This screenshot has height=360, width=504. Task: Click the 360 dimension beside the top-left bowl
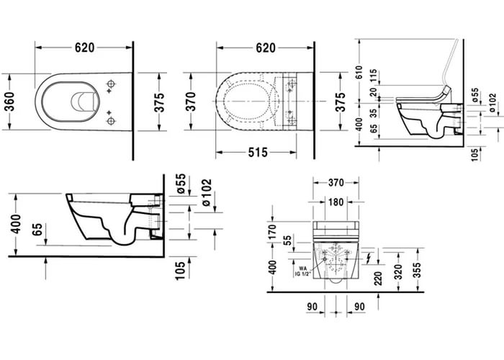(11, 101)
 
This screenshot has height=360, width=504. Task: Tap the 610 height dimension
(360, 71)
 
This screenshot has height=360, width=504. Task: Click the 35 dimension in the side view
(373, 112)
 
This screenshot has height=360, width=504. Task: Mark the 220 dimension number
(379, 277)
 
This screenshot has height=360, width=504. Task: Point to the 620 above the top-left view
(84, 48)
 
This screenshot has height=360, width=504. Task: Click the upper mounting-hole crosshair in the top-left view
(110, 86)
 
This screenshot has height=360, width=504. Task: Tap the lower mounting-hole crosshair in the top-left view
(110, 120)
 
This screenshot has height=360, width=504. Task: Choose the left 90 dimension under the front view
(312, 307)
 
